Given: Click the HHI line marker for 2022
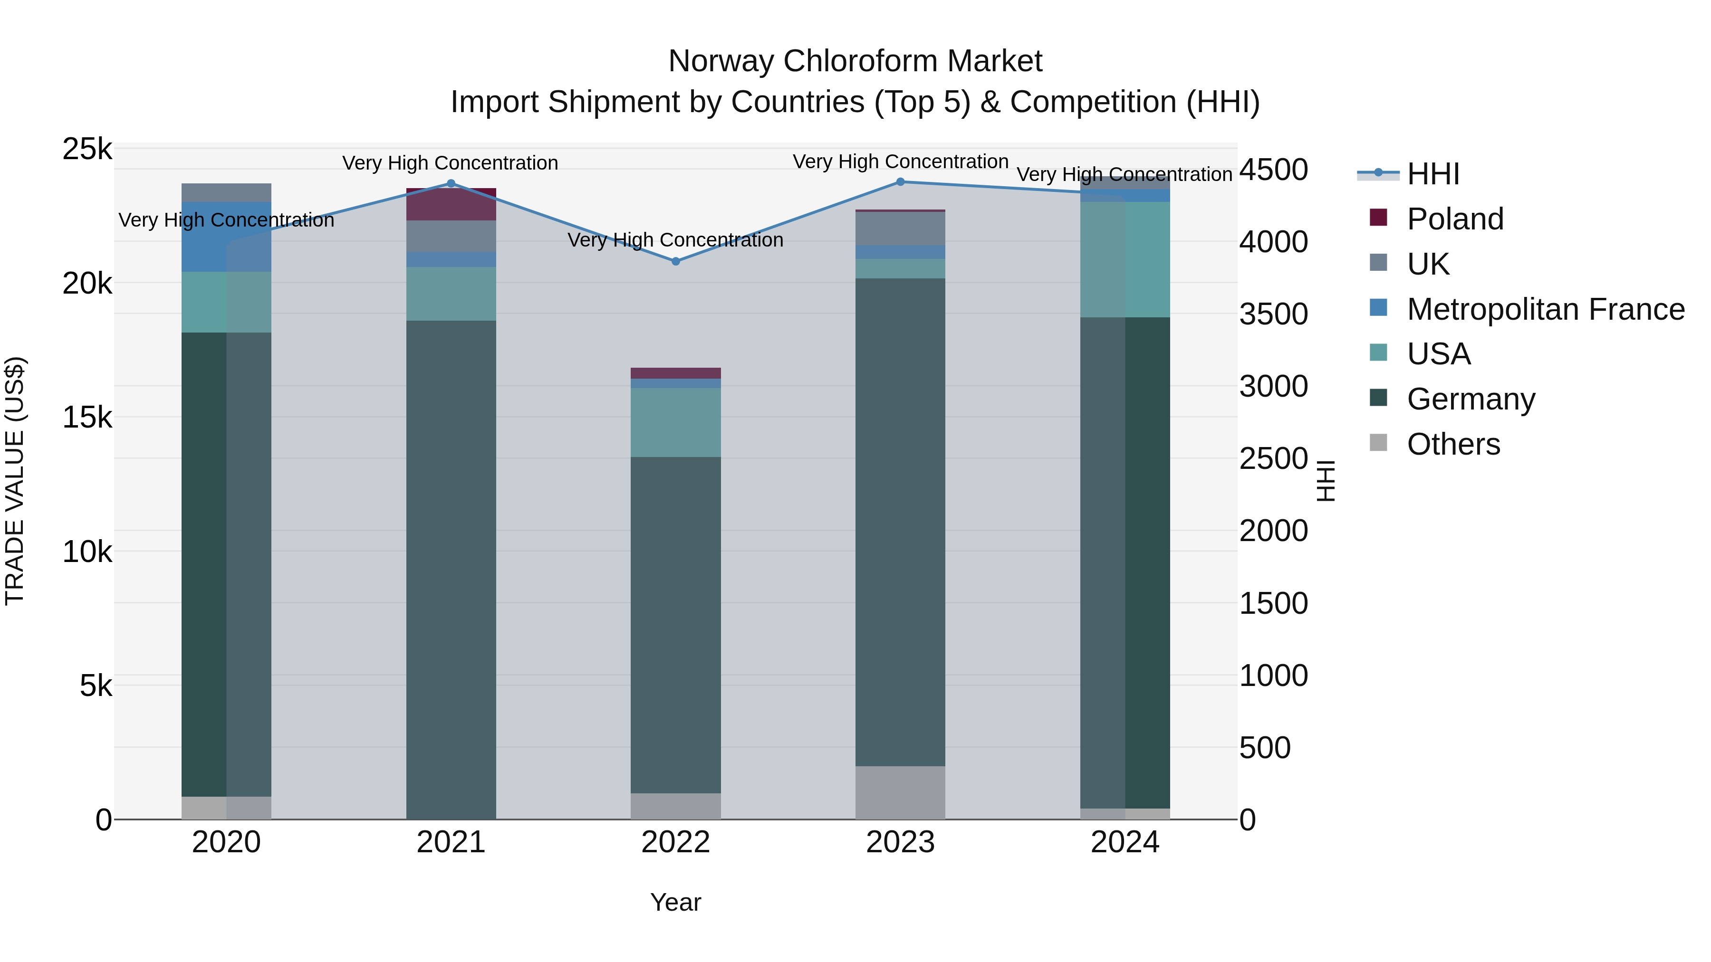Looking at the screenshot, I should pos(675,262).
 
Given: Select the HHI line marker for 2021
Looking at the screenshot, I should pos(451,184).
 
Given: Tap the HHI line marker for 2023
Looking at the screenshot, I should pos(901,182).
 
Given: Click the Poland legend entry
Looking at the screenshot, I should pos(1455,219).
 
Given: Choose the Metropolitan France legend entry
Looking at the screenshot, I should pos(1545,309).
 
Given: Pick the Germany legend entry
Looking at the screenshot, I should pos(1471,399).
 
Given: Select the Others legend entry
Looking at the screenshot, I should pos(1453,444).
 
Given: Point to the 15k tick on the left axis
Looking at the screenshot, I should pos(87,418).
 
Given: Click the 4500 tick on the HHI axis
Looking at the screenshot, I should pos(1273,170).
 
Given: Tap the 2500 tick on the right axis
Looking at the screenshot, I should pos(1273,459).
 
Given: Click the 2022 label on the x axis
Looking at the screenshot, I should pos(675,842).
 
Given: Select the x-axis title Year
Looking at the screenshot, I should pos(675,902).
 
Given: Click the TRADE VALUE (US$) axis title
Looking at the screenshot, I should pos(15,481).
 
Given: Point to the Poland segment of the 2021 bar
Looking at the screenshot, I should pos(451,204).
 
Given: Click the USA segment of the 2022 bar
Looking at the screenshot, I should pos(675,422).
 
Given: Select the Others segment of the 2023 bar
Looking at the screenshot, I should pos(900,793).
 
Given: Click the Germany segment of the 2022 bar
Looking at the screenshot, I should pos(675,624).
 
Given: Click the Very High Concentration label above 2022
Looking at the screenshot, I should pos(675,240).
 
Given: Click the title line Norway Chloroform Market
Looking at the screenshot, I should pos(855,61).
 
